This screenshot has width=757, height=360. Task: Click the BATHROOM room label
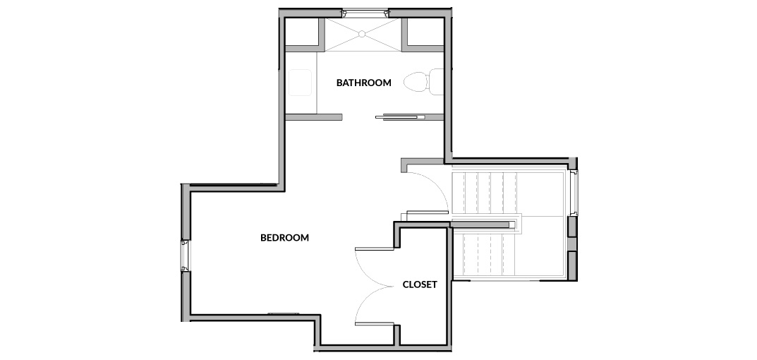pyautogui.click(x=363, y=83)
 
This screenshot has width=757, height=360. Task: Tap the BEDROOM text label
pyautogui.click(x=284, y=238)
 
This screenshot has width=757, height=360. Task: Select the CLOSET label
pyautogui.click(x=420, y=284)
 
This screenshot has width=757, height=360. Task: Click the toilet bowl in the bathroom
pyautogui.click(x=416, y=82)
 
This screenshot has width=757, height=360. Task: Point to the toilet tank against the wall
pyautogui.click(x=436, y=82)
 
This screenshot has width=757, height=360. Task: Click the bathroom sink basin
pyautogui.click(x=300, y=83)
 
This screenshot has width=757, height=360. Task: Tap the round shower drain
pyautogui.click(x=362, y=34)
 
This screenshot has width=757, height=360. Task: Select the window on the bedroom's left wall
pyautogui.click(x=186, y=255)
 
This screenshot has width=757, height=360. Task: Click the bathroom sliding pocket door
pyautogui.click(x=400, y=117)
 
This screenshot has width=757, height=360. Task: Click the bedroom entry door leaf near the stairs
pyautogui.click(x=428, y=212)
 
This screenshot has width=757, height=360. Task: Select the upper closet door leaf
pyautogui.click(x=375, y=249)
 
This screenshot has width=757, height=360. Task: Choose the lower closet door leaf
pyautogui.click(x=375, y=323)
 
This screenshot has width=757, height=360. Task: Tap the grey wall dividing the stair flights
pyautogui.click(x=481, y=224)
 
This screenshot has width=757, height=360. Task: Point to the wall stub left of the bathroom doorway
pyautogui.click(x=314, y=117)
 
